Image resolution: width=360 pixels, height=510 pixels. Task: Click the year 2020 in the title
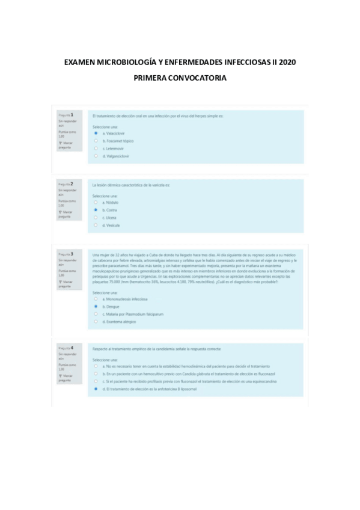click(x=287, y=63)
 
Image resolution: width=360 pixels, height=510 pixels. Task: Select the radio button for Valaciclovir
click(x=96, y=133)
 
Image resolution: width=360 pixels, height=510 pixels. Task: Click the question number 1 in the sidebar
click(x=72, y=114)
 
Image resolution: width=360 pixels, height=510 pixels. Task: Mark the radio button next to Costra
click(x=96, y=210)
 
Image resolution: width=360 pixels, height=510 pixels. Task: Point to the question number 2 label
click(x=72, y=183)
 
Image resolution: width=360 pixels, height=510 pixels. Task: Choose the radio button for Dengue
click(x=96, y=306)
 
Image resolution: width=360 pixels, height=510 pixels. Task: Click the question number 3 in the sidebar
click(x=72, y=253)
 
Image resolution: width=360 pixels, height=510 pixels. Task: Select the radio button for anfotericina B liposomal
click(x=96, y=389)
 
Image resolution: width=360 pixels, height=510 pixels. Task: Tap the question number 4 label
click(x=72, y=347)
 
